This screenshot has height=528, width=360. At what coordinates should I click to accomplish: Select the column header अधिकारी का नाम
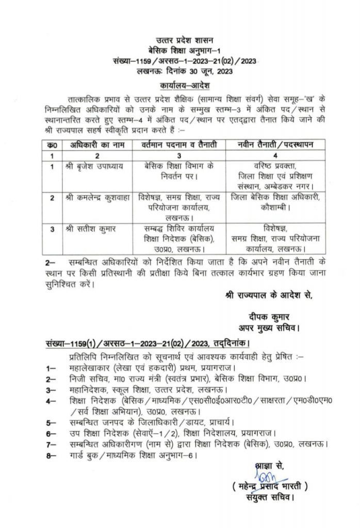95,145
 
